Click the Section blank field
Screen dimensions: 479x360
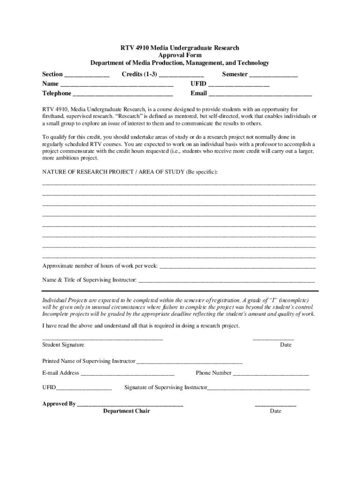(86, 75)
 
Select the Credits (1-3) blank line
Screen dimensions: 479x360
(181, 75)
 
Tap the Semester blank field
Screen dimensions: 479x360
(274, 75)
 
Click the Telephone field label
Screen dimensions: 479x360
(57, 94)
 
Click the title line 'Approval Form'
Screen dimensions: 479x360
(180, 55)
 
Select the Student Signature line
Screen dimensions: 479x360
(102, 338)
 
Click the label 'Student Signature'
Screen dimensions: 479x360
(63, 345)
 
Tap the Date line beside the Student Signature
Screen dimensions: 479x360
(274, 338)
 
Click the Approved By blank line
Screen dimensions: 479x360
(130, 405)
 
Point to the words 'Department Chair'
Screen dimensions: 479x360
(126, 411)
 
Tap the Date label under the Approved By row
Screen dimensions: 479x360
(275, 411)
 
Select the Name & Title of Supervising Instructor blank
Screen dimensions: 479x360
(226, 282)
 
